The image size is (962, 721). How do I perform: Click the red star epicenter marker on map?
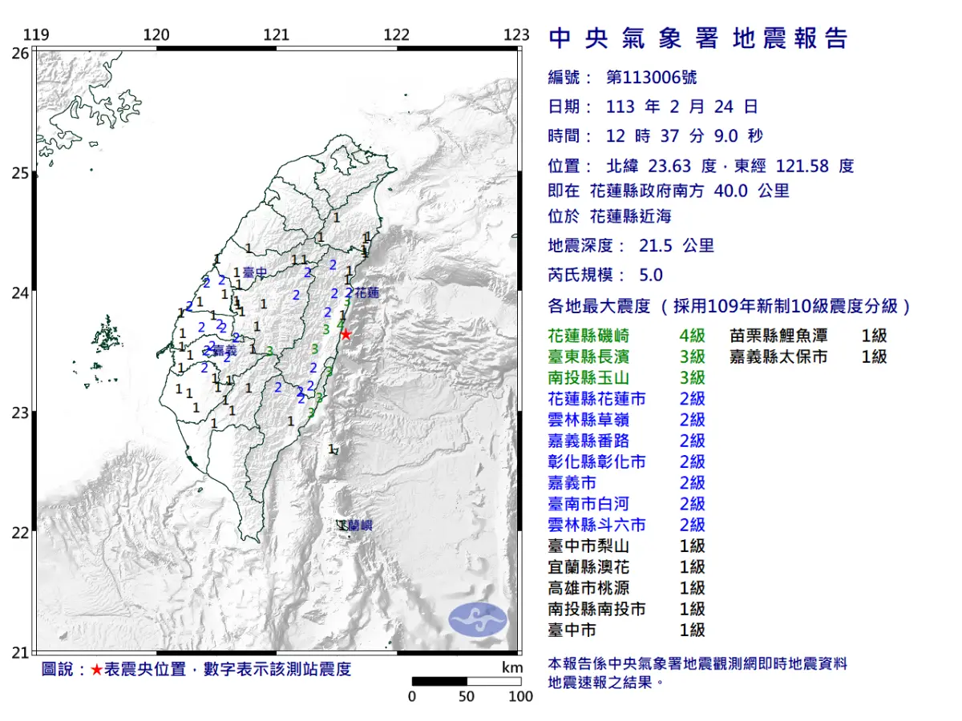pyautogui.click(x=346, y=334)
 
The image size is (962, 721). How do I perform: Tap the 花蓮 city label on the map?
pyautogui.click(x=366, y=293)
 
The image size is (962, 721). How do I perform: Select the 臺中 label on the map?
pyautogui.click(x=254, y=273)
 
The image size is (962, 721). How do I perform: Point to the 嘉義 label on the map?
pyautogui.click(x=225, y=351)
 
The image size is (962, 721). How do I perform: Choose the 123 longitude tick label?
pyautogui.click(x=517, y=34)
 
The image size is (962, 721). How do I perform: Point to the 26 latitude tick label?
pyautogui.click(x=21, y=53)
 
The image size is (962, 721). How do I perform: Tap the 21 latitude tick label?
pyautogui.click(x=21, y=653)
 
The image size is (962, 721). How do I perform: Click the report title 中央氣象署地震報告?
pyautogui.click(x=697, y=38)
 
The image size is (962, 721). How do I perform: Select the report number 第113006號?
pyautogui.click(x=651, y=78)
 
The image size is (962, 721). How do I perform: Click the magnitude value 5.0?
pyautogui.click(x=651, y=275)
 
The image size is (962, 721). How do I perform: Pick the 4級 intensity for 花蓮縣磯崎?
pyautogui.click(x=692, y=336)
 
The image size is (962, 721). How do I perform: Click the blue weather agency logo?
pyautogui.click(x=477, y=620)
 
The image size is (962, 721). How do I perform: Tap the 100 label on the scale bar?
pyautogui.click(x=520, y=696)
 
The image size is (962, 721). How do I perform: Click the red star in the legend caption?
pyautogui.click(x=96, y=670)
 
